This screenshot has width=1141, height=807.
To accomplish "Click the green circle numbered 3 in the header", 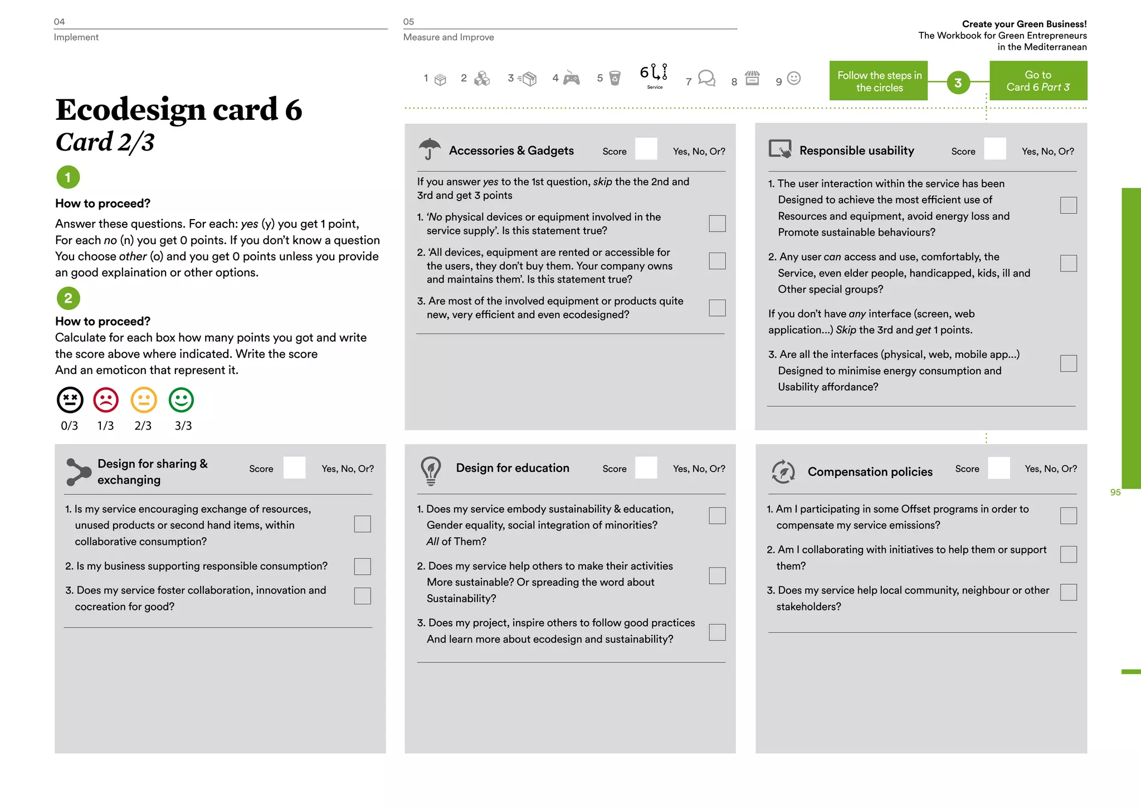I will (958, 83).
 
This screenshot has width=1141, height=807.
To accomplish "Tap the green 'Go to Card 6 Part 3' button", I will (1038, 81).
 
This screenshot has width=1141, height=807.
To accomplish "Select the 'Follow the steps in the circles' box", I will (879, 81).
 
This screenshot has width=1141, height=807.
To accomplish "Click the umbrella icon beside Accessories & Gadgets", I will (429, 149).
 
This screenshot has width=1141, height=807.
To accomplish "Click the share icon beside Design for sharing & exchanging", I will (78, 471).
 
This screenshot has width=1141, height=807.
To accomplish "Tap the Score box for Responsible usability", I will (994, 149).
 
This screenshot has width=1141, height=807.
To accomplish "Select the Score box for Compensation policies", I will (998, 468).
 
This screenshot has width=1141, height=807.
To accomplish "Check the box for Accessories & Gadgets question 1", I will (717, 223).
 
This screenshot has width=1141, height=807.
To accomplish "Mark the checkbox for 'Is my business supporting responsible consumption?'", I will (362, 566).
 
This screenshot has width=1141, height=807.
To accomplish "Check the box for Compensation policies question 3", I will (1068, 592).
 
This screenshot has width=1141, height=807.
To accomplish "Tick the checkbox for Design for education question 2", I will (717, 576).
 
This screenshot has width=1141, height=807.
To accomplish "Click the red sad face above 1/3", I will (106, 400).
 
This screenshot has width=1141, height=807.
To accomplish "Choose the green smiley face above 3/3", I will (181, 400).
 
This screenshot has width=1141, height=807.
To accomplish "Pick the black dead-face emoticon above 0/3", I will (70, 400).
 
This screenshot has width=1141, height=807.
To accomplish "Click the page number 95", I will (1115, 493).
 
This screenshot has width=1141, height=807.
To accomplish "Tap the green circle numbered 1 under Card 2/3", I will (68, 178).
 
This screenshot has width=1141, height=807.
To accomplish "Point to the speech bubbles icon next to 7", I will (706, 79).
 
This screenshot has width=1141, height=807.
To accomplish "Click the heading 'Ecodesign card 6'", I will (178, 109).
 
